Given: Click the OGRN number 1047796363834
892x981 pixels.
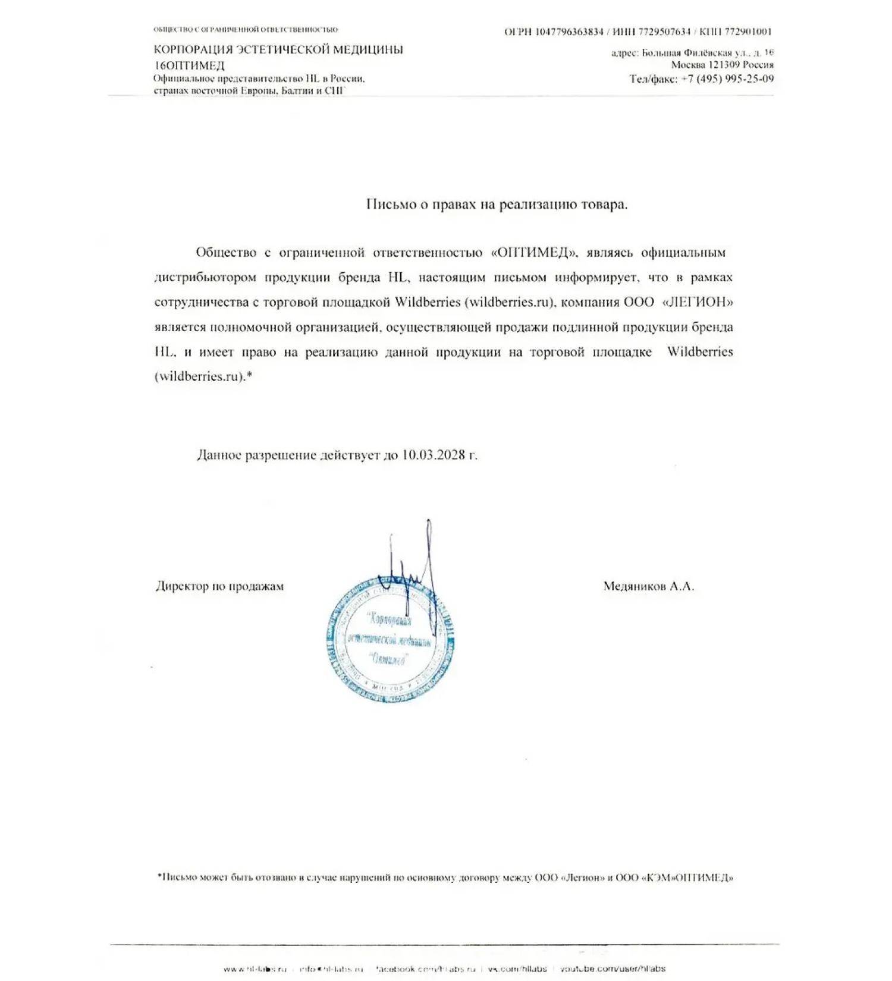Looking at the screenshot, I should (569, 32).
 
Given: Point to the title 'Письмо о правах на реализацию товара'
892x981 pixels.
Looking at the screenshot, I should (497, 205).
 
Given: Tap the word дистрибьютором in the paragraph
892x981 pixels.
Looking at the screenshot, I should (206, 278).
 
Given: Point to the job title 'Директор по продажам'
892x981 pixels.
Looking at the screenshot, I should (219, 587).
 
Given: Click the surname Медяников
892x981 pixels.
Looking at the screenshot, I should (635, 587).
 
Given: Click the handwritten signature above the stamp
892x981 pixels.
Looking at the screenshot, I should (410, 559).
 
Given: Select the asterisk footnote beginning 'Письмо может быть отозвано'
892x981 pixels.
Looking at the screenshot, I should (445, 878).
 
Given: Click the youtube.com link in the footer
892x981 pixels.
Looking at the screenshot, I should (613, 969).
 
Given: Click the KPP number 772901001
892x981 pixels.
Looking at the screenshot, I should (748, 32).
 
